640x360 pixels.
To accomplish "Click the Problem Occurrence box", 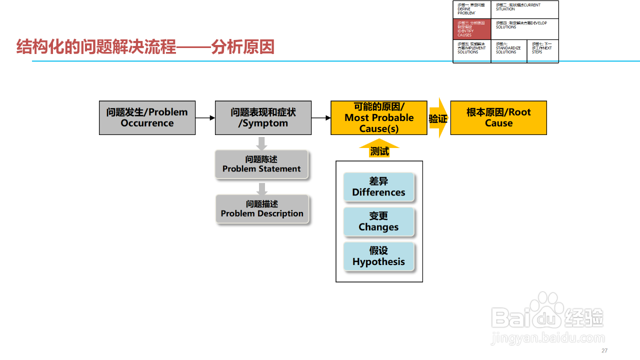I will (x=147, y=118).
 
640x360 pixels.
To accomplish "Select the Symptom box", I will (x=263, y=118).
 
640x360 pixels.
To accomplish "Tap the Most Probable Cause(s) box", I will (x=379, y=118).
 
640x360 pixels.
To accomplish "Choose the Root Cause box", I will (x=498, y=118).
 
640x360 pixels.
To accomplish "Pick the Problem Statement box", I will (x=261, y=164).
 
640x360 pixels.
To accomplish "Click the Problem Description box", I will (x=262, y=209).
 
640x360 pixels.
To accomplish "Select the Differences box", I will (x=378, y=187).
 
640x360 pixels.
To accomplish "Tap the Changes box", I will (x=378, y=221).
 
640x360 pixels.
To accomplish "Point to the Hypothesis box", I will (x=378, y=256).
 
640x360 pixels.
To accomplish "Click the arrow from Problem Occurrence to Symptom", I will (x=205, y=118).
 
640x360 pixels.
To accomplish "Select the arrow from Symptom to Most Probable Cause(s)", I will (x=321, y=118).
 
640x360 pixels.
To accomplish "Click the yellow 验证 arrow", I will (x=438, y=118).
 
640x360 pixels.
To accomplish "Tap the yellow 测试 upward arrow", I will (x=379, y=149).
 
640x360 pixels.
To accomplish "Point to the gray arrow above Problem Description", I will (x=261, y=189).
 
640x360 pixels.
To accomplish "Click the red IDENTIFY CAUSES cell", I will (x=471, y=29).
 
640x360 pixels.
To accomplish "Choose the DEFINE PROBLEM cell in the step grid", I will (x=471, y=9).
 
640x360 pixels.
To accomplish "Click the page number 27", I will (x=604, y=350).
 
